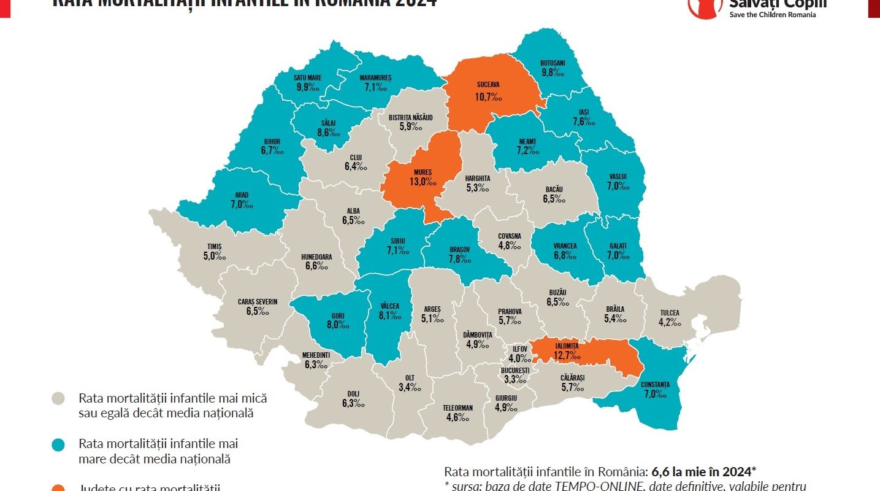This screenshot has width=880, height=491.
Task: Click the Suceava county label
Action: (x=488, y=84)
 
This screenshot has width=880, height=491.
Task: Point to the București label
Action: (x=515, y=371)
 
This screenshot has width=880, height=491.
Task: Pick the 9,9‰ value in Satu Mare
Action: (x=307, y=87)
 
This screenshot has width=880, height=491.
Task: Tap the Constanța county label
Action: (x=654, y=384)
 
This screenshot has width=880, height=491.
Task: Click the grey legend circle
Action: (x=59, y=398)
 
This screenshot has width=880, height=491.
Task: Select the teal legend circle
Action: (x=59, y=443)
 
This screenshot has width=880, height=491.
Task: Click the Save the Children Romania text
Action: (x=772, y=15)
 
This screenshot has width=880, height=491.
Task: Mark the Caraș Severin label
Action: (x=258, y=301)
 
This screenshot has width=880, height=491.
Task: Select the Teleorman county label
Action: (x=457, y=408)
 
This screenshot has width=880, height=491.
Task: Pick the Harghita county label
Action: (x=477, y=179)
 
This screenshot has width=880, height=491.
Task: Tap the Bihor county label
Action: (x=271, y=142)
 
